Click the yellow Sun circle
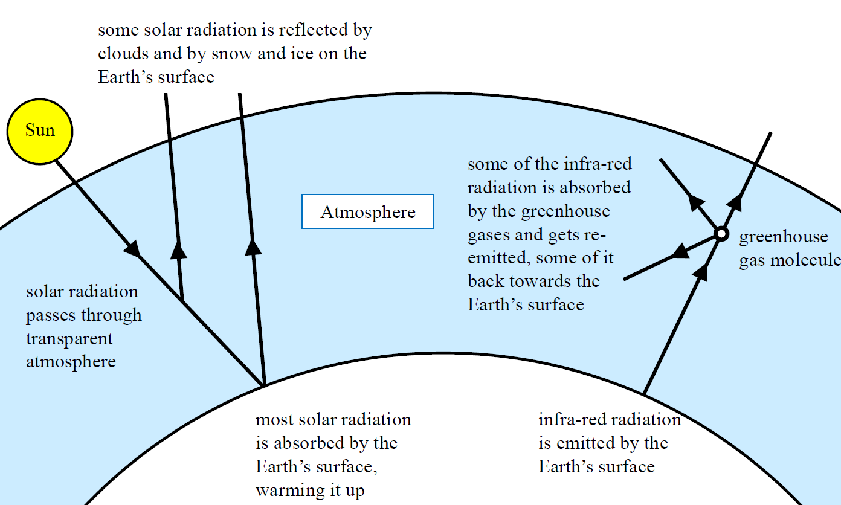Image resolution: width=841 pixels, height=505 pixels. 40,132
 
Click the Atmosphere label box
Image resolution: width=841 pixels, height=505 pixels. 368,211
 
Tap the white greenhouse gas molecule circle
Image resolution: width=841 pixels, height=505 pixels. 721,234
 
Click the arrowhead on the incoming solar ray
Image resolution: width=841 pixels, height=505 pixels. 132,248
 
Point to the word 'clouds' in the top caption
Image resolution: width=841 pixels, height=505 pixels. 123,53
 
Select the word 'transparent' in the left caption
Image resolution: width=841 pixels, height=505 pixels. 69,339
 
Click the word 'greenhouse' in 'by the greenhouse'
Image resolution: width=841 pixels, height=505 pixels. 565,211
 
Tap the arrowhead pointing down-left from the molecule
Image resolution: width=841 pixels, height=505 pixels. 680,251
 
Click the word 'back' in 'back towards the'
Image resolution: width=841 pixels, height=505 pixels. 486,281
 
